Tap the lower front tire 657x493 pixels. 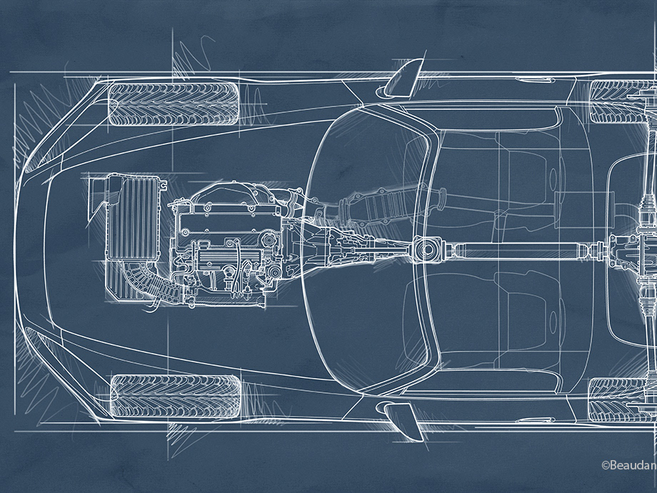[x=176, y=396]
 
